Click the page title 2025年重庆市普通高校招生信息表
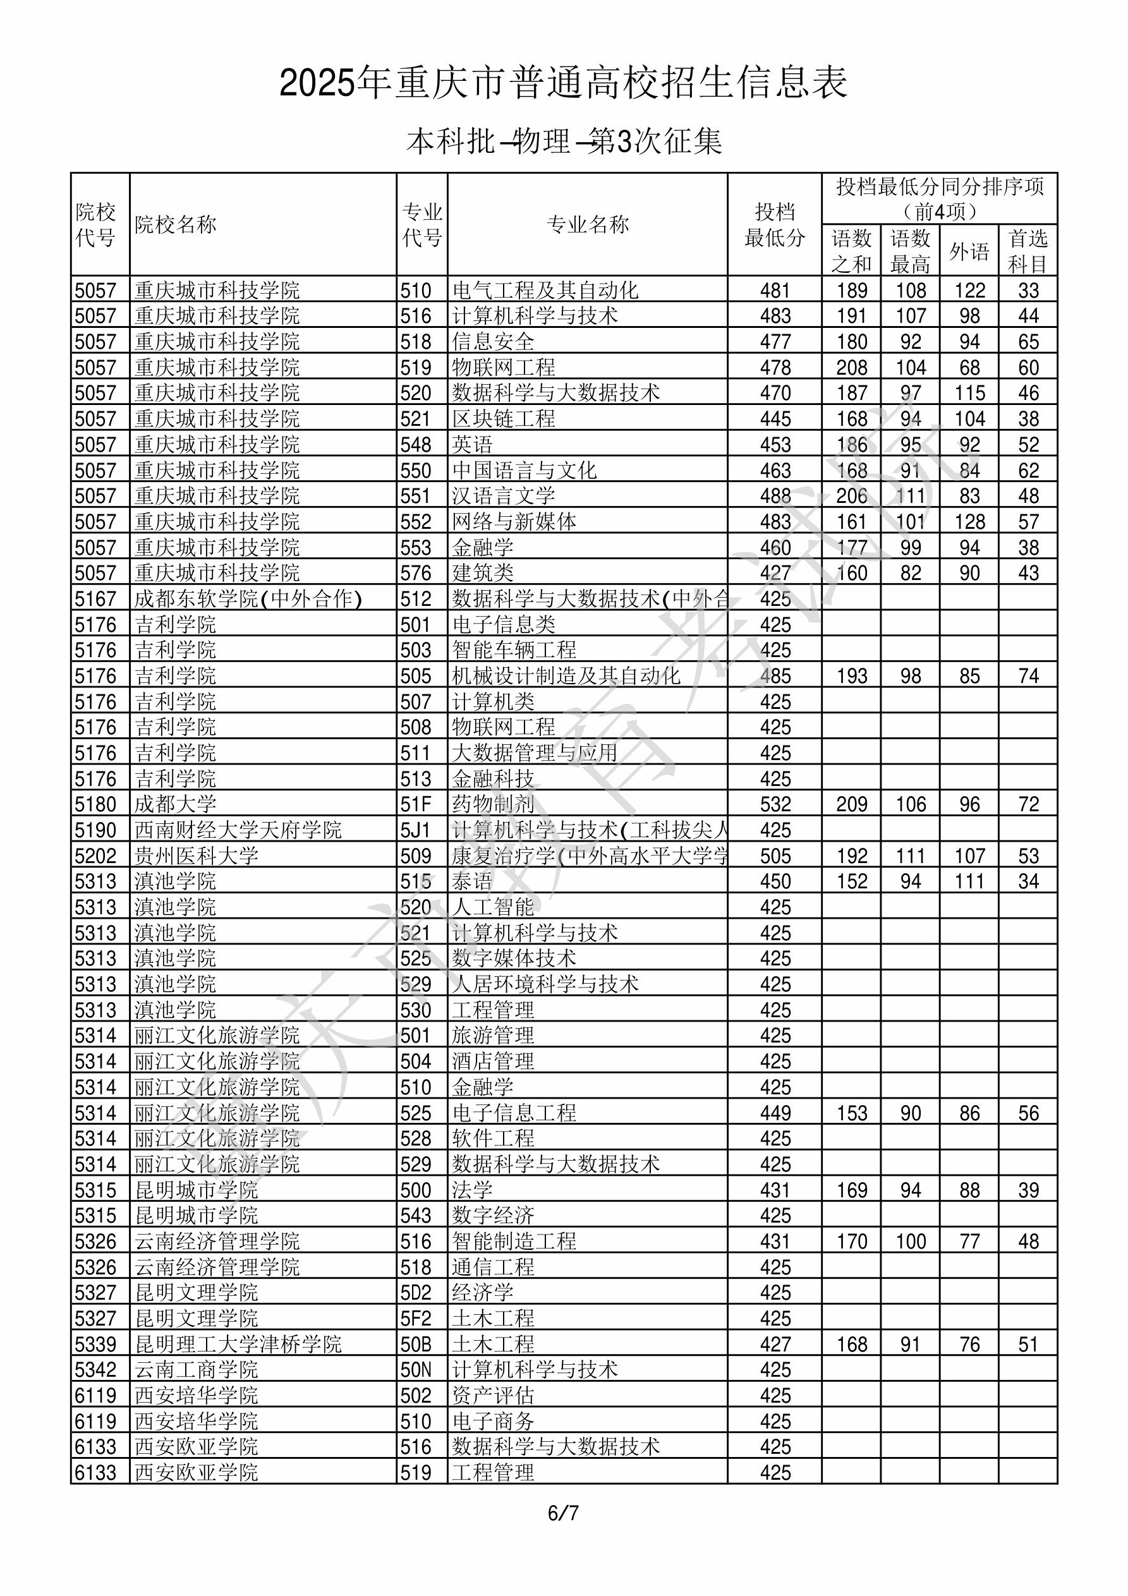(563, 83)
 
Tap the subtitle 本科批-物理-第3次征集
(564, 142)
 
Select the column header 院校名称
(176, 224)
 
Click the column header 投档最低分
(774, 224)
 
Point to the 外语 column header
(969, 251)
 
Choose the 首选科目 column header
(1028, 251)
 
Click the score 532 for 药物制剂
(775, 804)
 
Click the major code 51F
(415, 804)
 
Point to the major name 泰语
(472, 881)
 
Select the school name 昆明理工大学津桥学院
(238, 1345)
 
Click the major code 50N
(416, 1370)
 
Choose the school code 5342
(95, 1370)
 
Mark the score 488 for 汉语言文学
(775, 495)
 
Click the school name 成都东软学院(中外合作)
(248, 598)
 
